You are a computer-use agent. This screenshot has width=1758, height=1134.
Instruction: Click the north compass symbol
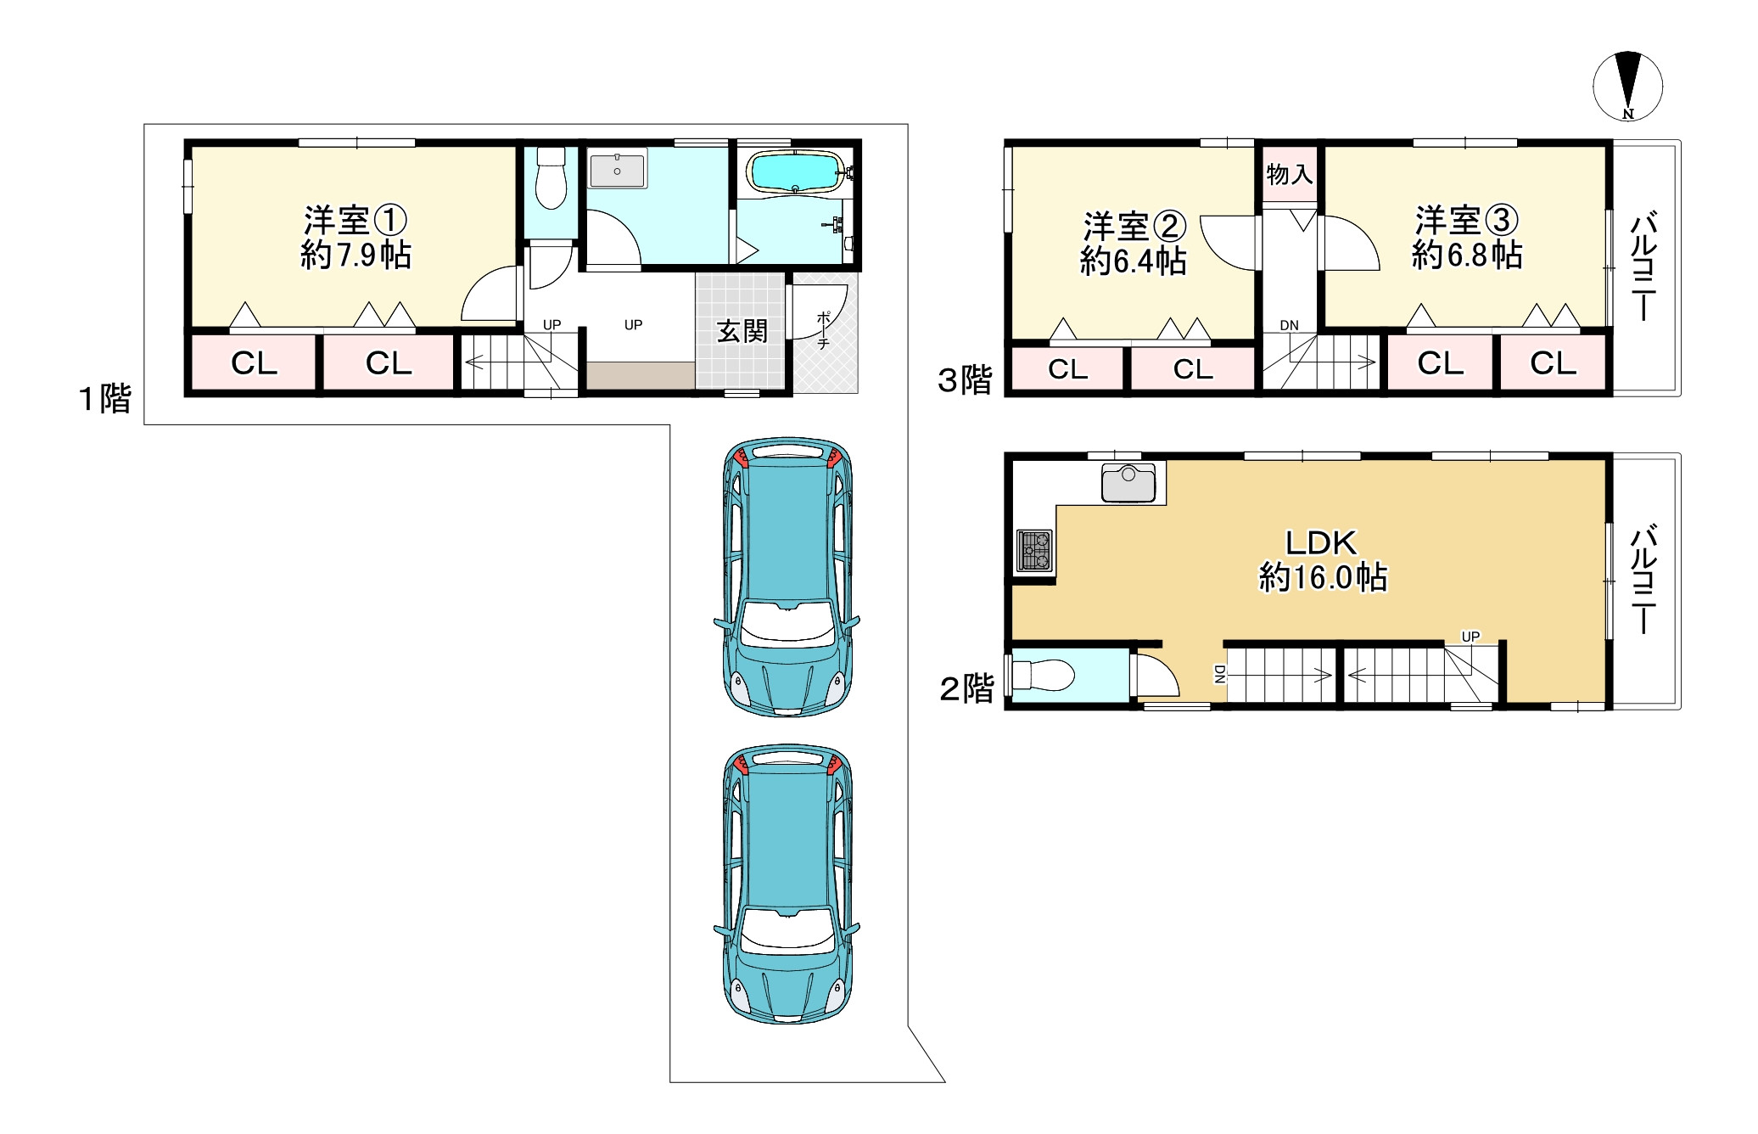(x=1627, y=87)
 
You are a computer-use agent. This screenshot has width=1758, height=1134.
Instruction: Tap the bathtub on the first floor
(x=795, y=172)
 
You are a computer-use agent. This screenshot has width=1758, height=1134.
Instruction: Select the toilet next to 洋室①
(x=551, y=177)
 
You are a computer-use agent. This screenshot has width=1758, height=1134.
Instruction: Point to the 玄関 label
(x=742, y=331)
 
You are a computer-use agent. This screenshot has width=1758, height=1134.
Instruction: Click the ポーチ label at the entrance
(x=824, y=330)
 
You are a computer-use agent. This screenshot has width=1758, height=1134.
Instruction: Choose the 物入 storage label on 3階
(x=1289, y=175)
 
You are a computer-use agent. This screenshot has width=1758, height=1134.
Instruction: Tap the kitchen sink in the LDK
(x=1128, y=482)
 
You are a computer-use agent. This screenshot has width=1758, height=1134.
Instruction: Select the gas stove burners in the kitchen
(x=1035, y=549)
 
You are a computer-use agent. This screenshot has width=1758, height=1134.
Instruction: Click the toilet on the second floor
(x=1043, y=676)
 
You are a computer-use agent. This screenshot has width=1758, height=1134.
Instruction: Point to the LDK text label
(x=1321, y=542)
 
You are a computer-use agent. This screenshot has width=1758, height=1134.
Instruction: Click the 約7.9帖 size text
(x=356, y=255)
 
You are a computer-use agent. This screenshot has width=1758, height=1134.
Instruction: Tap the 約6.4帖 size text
(x=1134, y=261)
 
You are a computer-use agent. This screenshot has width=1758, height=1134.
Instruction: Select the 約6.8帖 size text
(x=1467, y=254)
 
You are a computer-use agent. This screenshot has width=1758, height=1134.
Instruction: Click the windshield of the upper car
(x=787, y=625)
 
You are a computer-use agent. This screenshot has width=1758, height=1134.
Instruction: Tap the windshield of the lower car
(x=787, y=931)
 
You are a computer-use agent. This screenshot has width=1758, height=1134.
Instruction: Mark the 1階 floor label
(x=105, y=398)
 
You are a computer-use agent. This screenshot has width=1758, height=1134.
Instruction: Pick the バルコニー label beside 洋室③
(x=1644, y=266)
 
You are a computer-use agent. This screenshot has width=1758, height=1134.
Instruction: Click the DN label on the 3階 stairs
(x=1289, y=325)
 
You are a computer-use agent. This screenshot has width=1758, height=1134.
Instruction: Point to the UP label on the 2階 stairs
(x=1470, y=637)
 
